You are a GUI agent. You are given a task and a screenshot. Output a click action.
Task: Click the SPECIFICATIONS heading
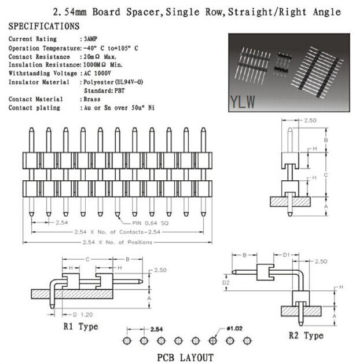45,26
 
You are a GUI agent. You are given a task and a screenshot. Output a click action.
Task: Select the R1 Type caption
80,326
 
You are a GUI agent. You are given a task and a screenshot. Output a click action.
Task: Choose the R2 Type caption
306,336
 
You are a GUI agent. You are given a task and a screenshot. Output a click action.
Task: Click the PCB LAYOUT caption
185,357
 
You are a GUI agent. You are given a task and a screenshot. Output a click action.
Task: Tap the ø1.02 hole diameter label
234,329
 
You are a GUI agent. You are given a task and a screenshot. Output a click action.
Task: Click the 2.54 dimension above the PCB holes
156,329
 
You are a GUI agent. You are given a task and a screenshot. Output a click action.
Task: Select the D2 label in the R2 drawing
226,283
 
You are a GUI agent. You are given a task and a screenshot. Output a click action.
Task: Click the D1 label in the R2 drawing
286,254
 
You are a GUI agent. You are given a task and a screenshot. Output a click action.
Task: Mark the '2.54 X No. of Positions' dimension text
118,242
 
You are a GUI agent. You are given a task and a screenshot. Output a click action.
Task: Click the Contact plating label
34,108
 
